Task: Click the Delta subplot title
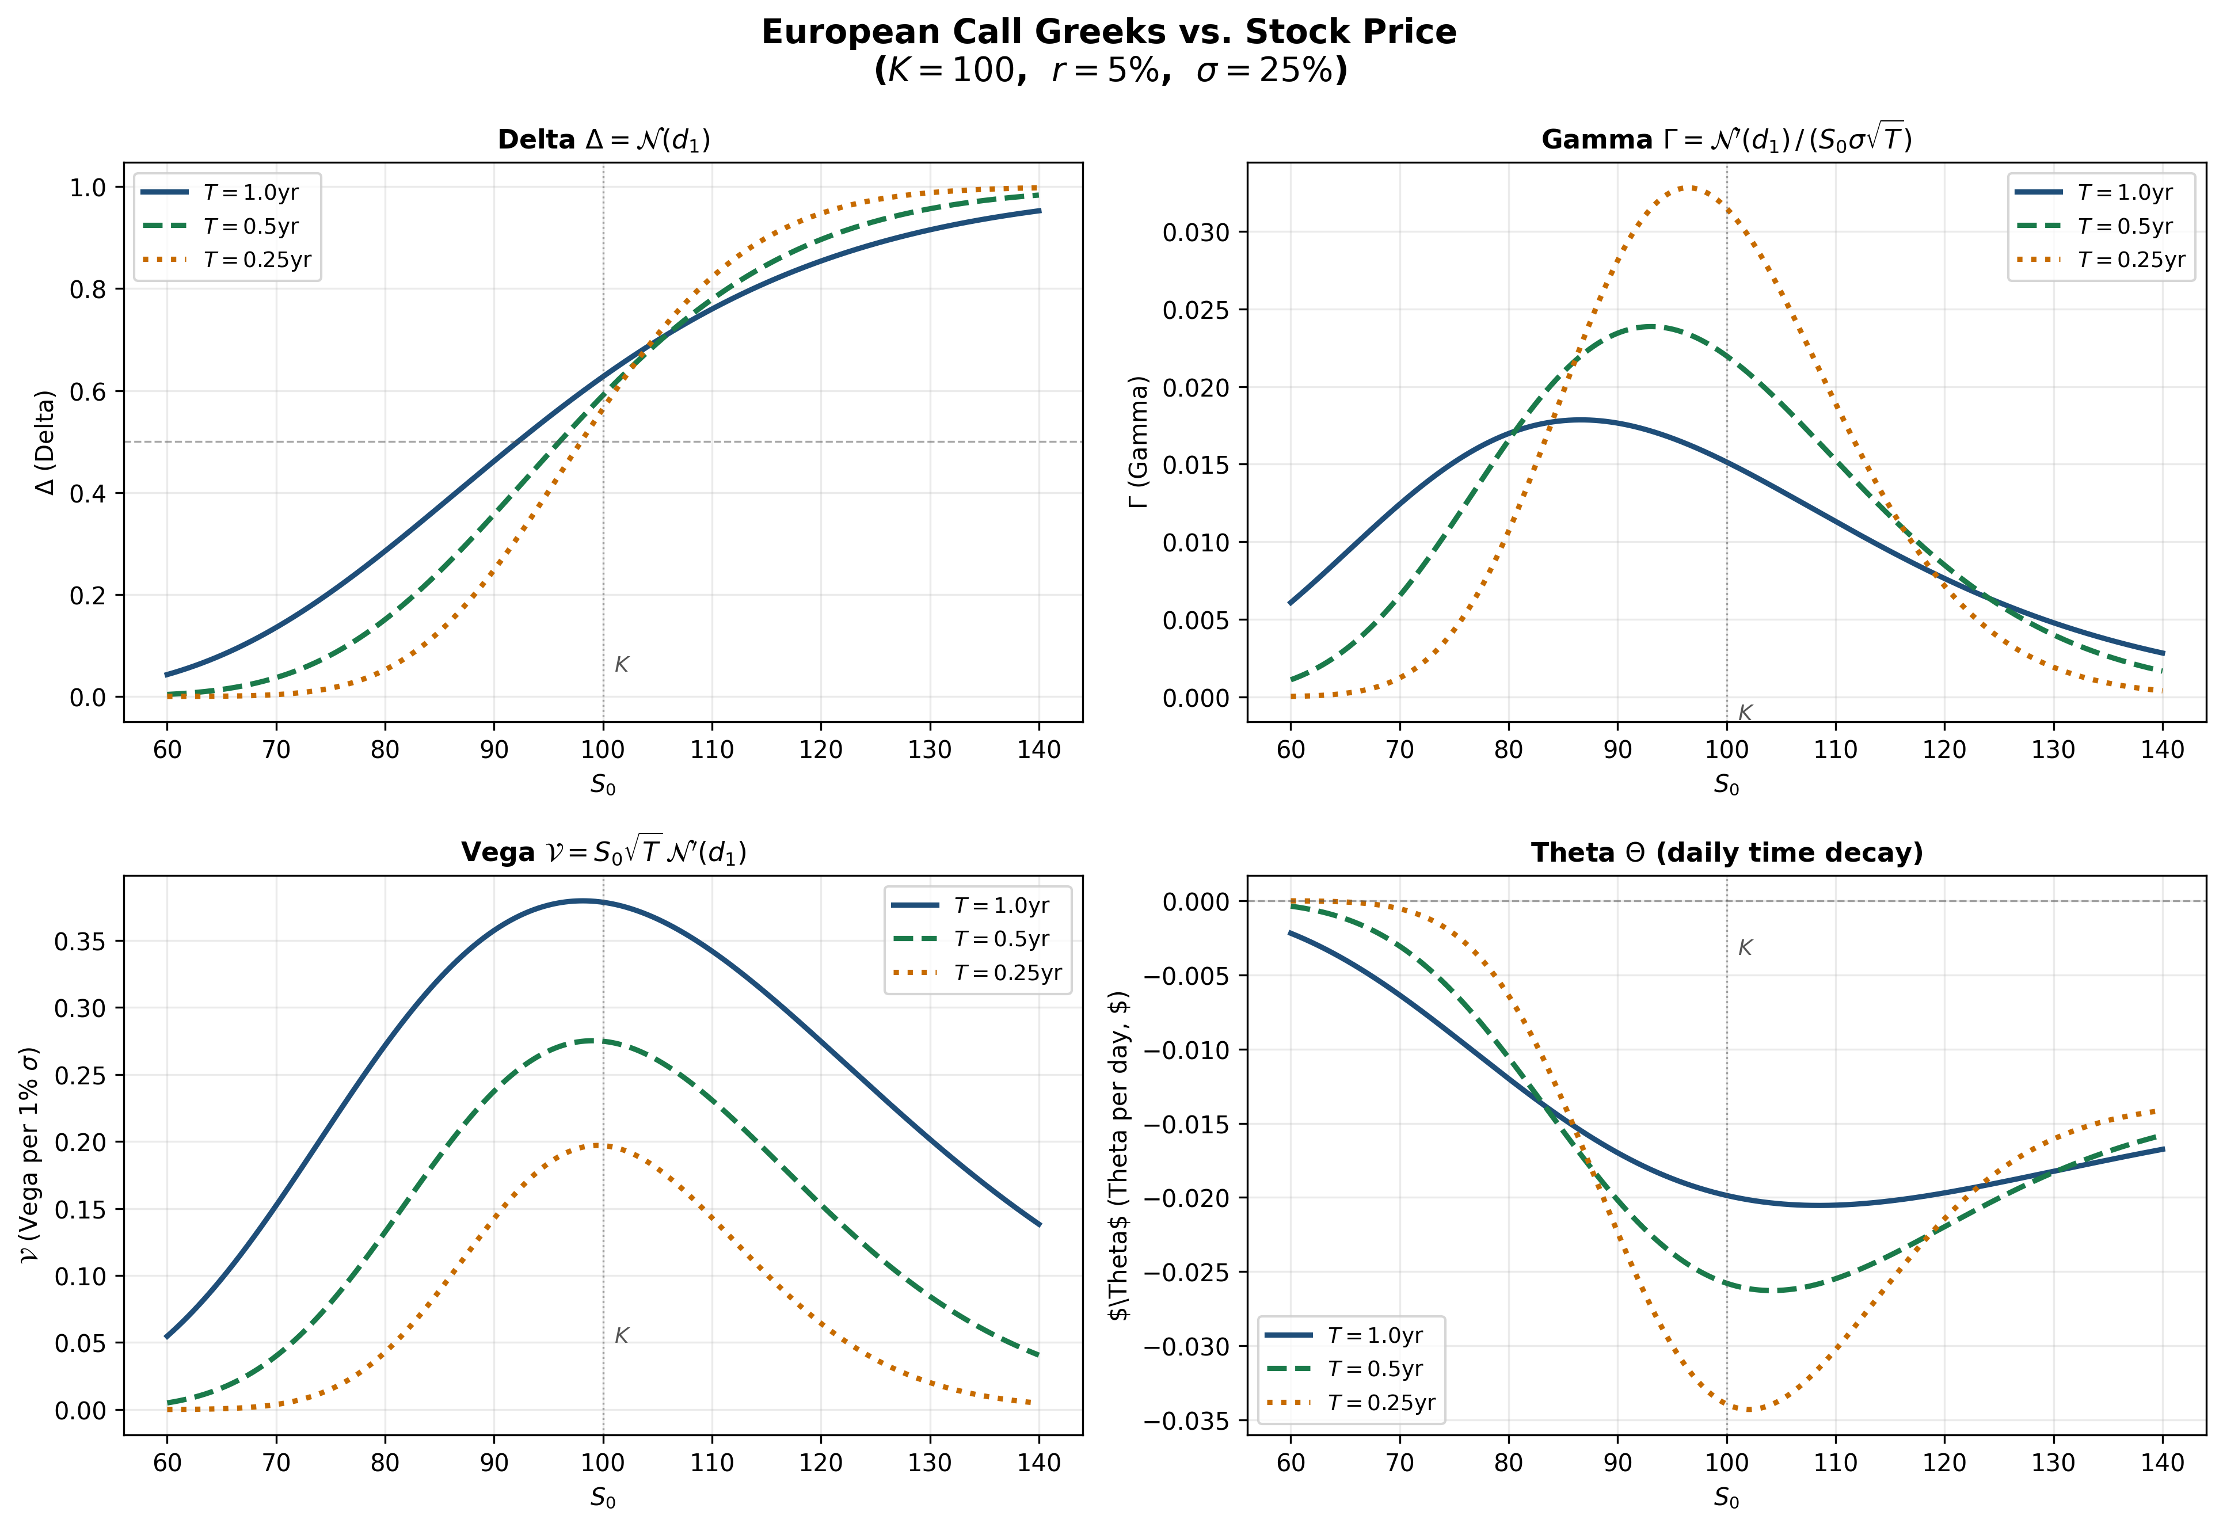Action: coord(604,140)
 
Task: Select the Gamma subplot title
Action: coord(1727,140)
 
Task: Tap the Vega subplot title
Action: coord(604,852)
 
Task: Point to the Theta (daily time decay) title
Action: coord(1727,852)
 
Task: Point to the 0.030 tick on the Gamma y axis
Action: coord(1196,233)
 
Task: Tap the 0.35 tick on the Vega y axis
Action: coord(81,942)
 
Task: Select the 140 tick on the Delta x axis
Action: coord(1039,749)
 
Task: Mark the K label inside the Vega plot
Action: coord(622,1336)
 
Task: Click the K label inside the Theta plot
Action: coord(1745,948)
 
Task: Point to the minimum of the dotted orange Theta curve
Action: coord(1749,1410)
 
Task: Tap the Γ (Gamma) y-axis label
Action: coord(1139,442)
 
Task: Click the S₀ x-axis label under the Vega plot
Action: coord(604,1497)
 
